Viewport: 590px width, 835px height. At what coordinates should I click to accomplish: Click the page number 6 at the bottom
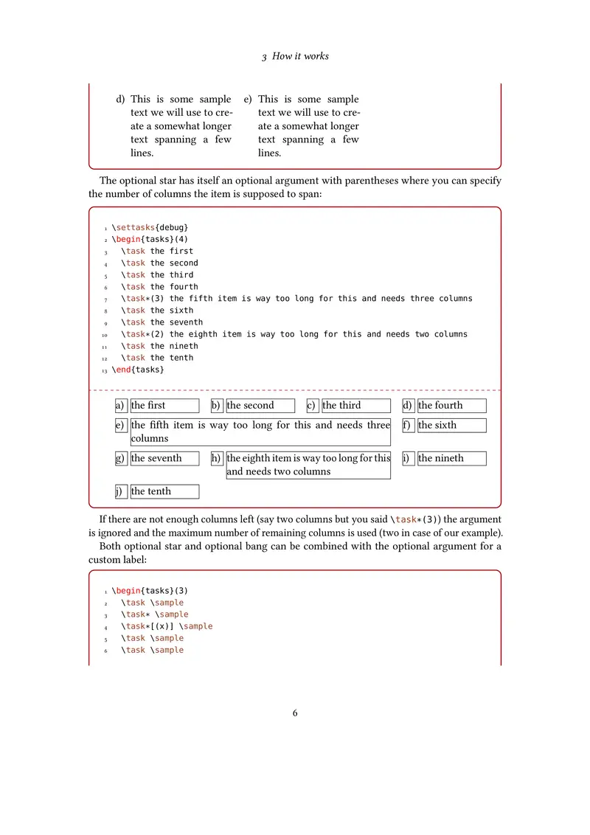click(x=295, y=713)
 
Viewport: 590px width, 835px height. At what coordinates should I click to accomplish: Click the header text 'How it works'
click(x=300, y=56)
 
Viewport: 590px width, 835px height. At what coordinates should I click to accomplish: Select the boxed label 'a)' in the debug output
click(x=121, y=406)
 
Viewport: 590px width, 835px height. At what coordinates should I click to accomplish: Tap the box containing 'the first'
click(x=164, y=406)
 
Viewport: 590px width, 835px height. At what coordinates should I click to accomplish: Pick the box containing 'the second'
click(x=260, y=406)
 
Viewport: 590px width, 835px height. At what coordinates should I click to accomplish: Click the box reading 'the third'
click(x=355, y=406)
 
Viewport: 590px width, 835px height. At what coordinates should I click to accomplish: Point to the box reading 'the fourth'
click(x=451, y=406)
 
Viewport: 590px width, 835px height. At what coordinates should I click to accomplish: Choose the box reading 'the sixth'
click(x=451, y=426)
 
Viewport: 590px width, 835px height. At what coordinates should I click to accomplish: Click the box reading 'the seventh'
click(x=164, y=459)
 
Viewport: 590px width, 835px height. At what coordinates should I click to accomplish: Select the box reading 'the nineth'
click(x=451, y=459)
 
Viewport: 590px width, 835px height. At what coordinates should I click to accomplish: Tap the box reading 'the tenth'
click(x=164, y=492)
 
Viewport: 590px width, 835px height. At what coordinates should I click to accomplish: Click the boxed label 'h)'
click(x=217, y=459)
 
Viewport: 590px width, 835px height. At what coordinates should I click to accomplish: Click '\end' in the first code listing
click(x=121, y=370)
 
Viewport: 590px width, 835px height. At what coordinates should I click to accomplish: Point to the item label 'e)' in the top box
click(x=248, y=100)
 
